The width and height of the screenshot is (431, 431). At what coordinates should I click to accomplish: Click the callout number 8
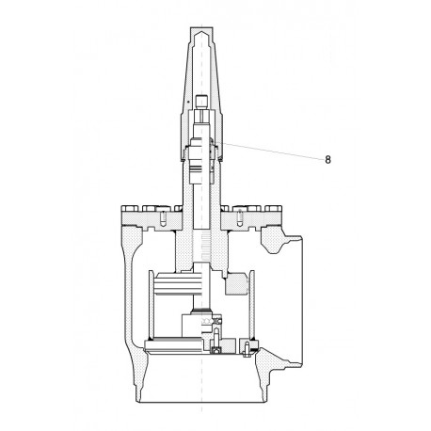[x=327, y=159]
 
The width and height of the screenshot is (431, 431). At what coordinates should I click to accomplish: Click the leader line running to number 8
[x=273, y=151]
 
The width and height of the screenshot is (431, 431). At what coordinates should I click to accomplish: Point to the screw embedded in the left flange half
[x=162, y=220]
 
